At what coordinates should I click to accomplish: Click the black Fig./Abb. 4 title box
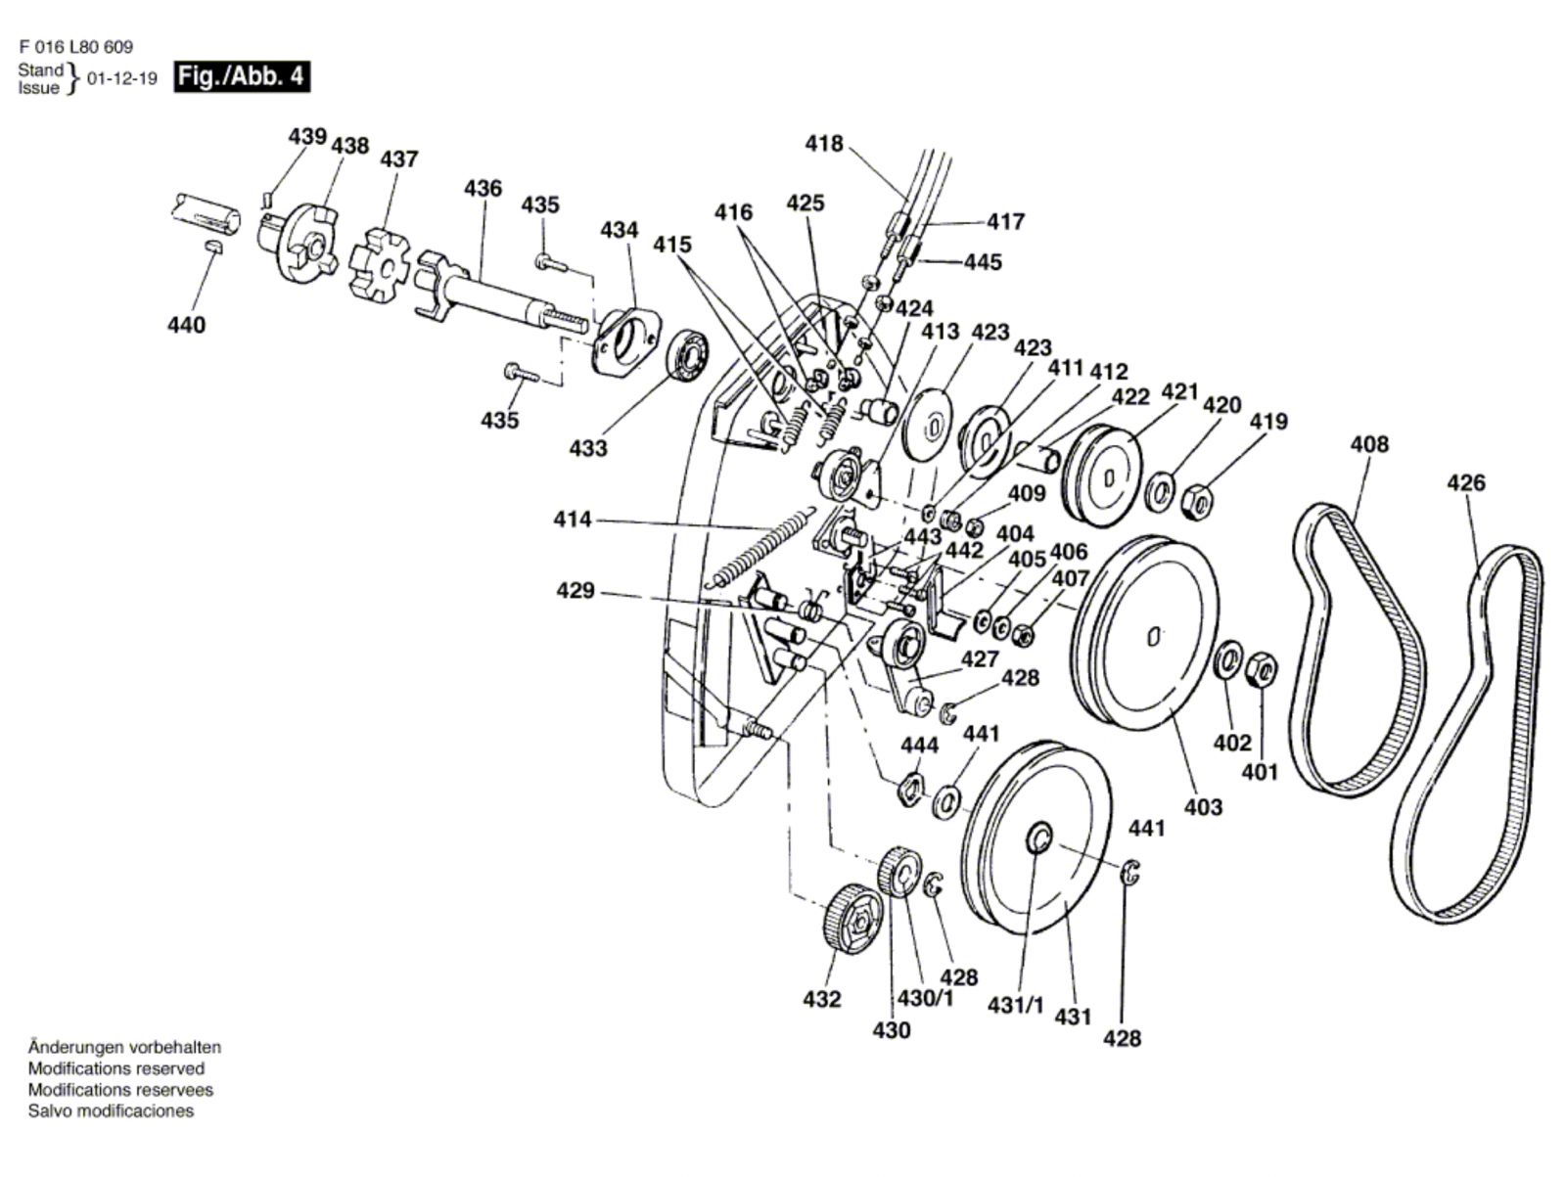(x=242, y=76)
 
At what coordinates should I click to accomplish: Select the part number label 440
(x=186, y=325)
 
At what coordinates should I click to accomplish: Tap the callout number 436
(x=483, y=188)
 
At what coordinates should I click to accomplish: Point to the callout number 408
(x=1369, y=444)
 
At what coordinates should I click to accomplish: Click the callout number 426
(x=1466, y=482)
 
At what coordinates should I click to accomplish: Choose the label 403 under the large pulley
(x=1204, y=807)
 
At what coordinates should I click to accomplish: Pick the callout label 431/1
(x=1015, y=1005)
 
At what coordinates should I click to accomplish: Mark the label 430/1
(x=925, y=999)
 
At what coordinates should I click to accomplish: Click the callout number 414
(x=573, y=519)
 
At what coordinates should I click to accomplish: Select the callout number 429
(x=576, y=590)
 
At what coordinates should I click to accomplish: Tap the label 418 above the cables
(x=824, y=144)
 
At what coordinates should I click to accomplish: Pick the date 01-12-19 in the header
(x=122, y=78)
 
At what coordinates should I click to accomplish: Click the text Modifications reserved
(x=116, y=1068)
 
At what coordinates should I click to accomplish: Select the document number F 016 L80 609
(x=75, y=47)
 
